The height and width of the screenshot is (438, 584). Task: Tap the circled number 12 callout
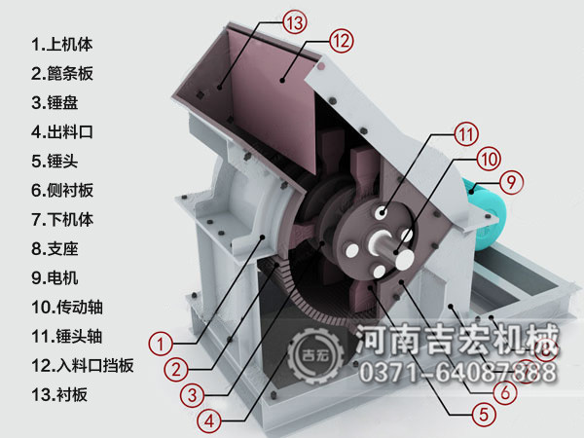[x=339, y=41]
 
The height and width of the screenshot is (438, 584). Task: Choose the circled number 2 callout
[x=175, y=369]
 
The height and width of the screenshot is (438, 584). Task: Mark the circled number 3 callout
[x=192, y=395]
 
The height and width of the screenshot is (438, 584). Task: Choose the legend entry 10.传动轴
[x=67, y=307]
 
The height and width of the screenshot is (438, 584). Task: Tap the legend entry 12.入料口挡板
[x=82, y=365]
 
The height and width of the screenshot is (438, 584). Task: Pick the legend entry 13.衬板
[x=59, y=394]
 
